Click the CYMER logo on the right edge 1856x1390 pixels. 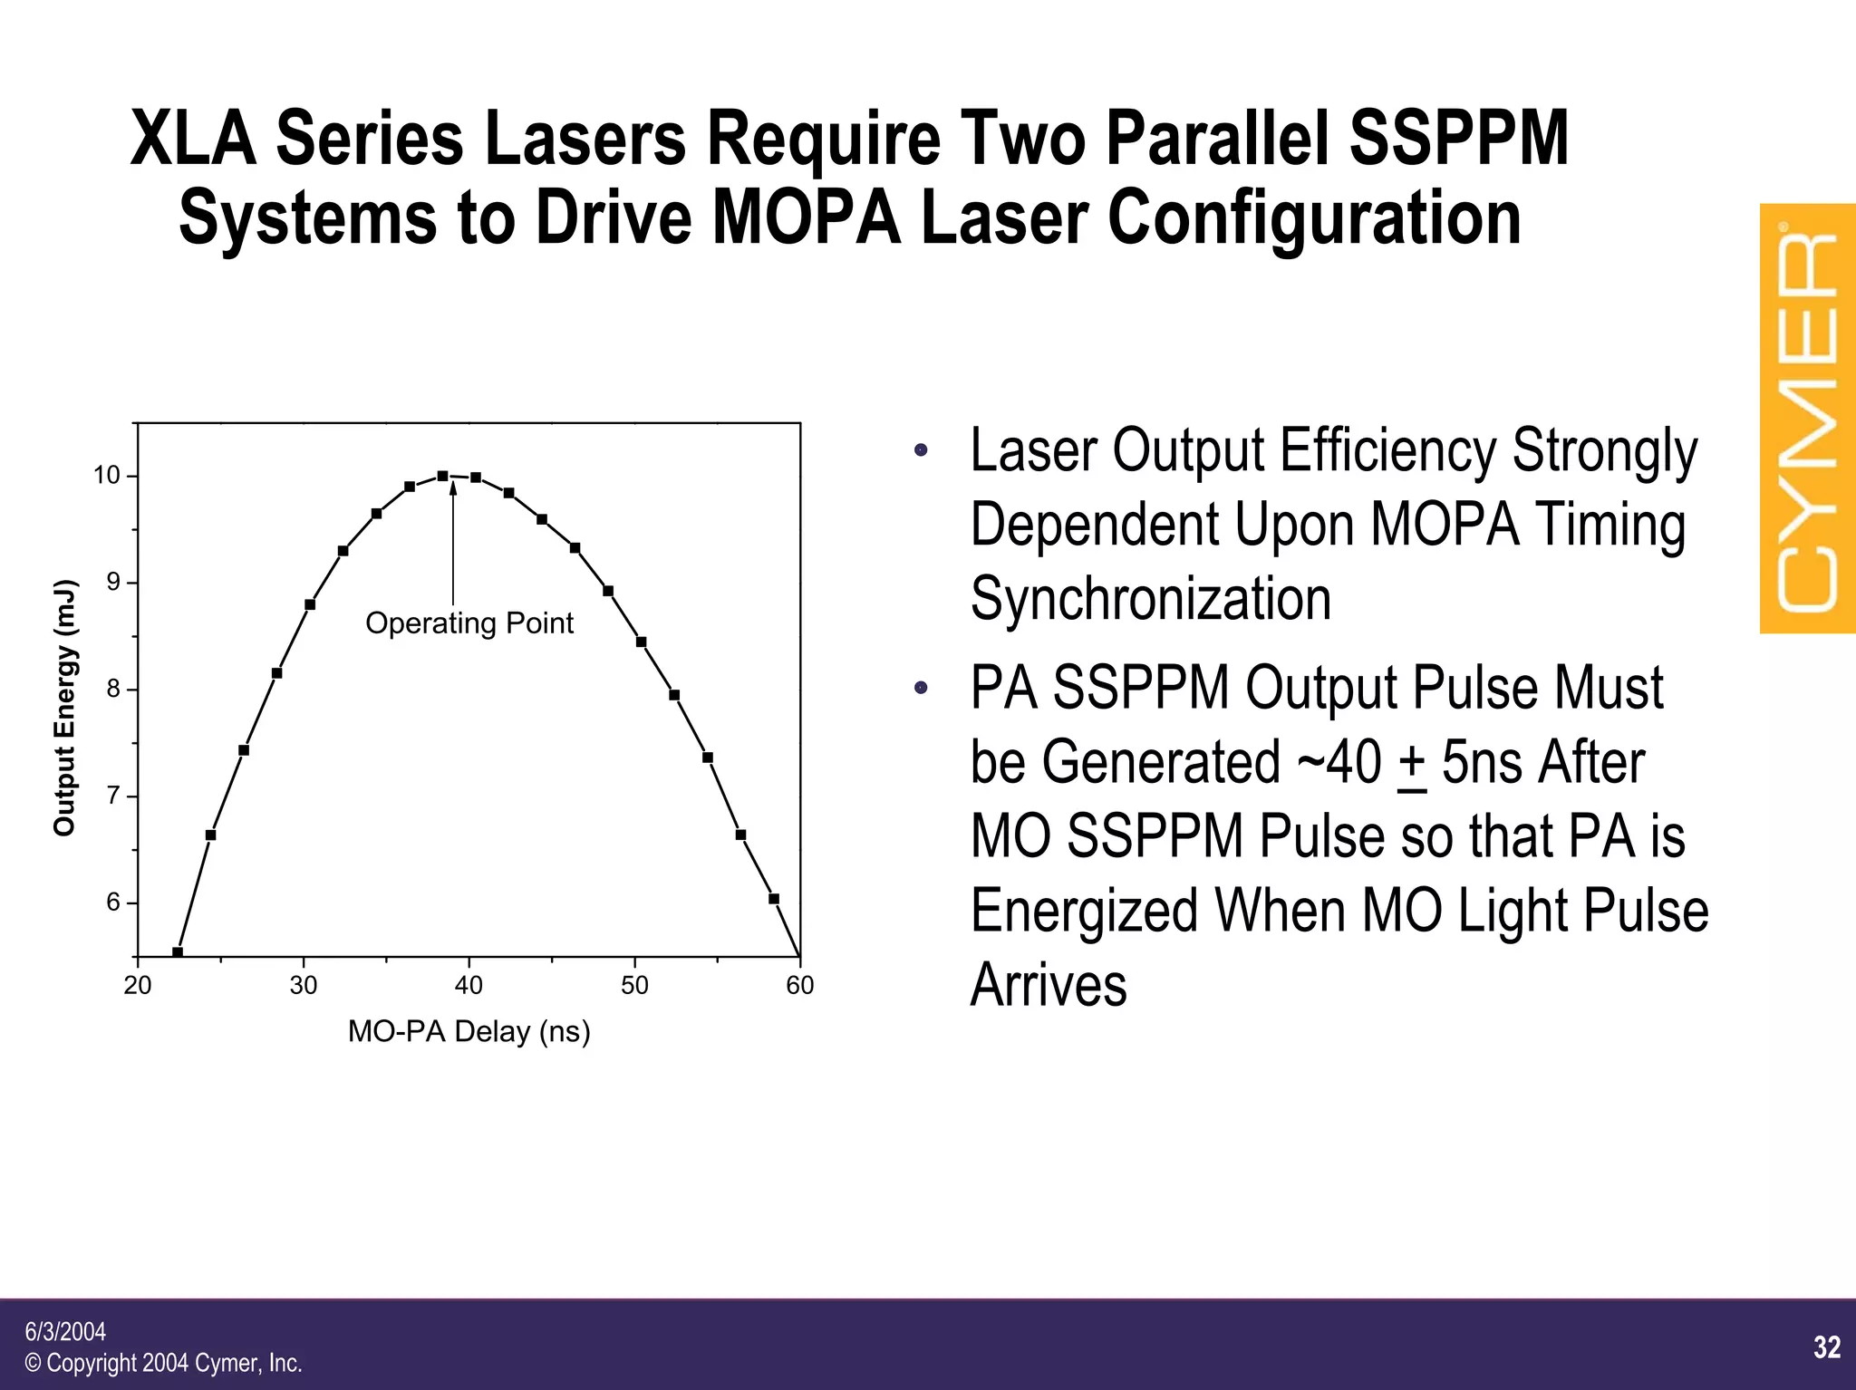click(1807, 419)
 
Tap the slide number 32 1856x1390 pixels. click(1827, 1347)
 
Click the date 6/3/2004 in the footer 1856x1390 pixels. click(65, 1331)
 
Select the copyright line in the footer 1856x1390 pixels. click(163, 1363)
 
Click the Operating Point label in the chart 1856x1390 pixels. click(469, 623)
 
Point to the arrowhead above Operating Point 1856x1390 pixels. click(452, 489)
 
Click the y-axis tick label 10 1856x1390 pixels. click(107, 476)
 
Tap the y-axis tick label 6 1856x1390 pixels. click(113, 903)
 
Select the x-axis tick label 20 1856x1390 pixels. click(138, 986)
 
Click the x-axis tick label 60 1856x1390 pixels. click(799, 986)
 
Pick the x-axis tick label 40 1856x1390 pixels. click(469, 986)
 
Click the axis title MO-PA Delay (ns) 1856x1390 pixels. click(469, 1031)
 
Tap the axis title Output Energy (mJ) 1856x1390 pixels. click(64, 707)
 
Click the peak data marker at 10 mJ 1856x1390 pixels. click(442, 476)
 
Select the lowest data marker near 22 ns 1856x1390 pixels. click(178, 952)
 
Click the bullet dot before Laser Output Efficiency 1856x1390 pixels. click(921, 450)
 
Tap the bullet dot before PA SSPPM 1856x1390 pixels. click(921, 688)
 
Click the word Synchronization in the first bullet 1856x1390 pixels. click(1151, 599)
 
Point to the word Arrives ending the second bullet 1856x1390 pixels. click(1049, 985)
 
